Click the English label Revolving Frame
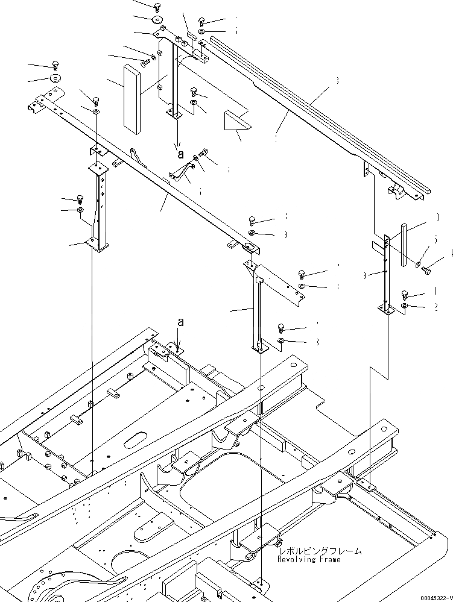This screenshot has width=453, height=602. point(308,560)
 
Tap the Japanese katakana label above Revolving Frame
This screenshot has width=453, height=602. point(320,551)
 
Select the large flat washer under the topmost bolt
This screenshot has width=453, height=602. point(157,20)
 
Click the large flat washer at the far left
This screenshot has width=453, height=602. point(56,78)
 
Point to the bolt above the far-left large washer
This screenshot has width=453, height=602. point(56,64)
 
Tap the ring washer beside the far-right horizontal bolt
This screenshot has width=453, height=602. point(418,263)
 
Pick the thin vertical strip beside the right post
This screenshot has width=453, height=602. point(404,244)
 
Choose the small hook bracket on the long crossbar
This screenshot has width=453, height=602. point(137,158)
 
